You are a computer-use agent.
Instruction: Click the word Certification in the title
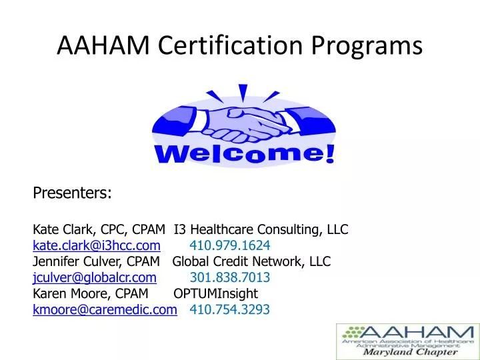coord(226,45)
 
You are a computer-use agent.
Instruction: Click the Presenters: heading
coord(72,193)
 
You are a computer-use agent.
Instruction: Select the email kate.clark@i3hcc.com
coord(97,245)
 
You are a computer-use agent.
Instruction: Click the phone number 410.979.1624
coord(230,245)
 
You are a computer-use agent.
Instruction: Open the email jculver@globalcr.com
coord(95,277)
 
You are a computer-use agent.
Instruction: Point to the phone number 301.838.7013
coord(230,277)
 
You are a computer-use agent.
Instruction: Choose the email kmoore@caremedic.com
coord(105,309)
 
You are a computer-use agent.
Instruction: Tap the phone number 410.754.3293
coord(230,309)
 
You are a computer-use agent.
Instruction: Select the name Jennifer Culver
coord(73,262)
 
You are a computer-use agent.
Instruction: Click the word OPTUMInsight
coord(215,294)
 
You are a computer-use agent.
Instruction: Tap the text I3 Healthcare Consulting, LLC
coord(261,230)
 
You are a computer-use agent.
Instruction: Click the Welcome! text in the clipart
coord(245,155)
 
